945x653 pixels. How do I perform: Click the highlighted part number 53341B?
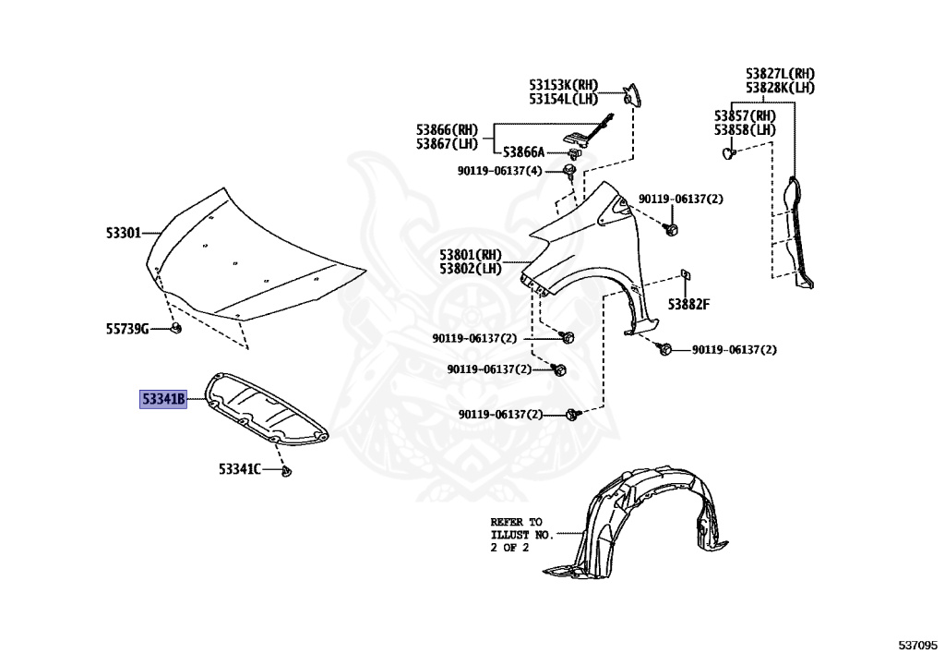click(163, 400)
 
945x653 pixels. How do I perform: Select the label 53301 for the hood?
click(123, 234)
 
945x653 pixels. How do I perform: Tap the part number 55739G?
click(126, 328)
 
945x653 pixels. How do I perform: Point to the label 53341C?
click(239, 469)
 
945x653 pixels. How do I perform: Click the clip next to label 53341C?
click(287, 472)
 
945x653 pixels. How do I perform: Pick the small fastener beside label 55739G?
click(175, 328)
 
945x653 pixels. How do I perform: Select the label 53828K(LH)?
click(780, 88)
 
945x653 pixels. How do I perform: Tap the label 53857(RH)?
click(745, 116)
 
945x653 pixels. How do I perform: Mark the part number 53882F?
click(688, 304)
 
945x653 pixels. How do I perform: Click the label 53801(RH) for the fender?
click(470, 255)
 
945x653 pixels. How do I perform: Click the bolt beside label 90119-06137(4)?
click(569, 171)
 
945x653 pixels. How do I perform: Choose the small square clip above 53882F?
click(685, 273)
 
